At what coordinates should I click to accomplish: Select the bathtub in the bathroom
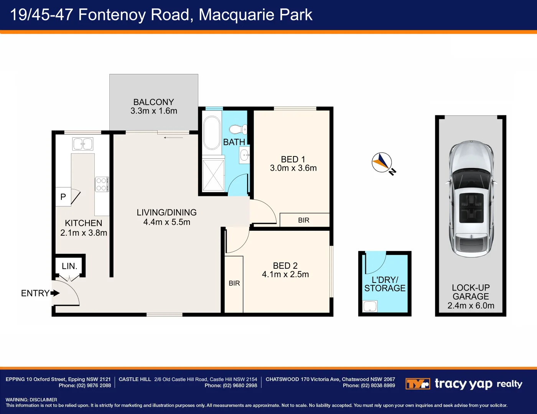pyautogui.click(x=212, y=133)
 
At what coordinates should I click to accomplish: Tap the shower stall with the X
pyautogui.click(x=213, y=175)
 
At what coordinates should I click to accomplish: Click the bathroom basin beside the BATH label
pyautogui.click(x=244, y=155)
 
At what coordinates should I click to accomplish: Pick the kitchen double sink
pyautogui.click(x=83, y=144)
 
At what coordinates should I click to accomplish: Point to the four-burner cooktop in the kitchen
pyautogui.click(x=102, y=184)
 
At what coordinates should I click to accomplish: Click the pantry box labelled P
pyautogui.click(x=63, y=197)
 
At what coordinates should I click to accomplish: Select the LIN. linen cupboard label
pyautogui.click(x=69, y=266)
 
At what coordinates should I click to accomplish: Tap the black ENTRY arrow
pyautogui.click(x=55, y=293)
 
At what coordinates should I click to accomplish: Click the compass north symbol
pyautogui.click(x=382, y=163)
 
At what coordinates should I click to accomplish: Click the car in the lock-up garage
pyautogui.click(x=471, y=199)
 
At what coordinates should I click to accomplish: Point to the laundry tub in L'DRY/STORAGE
pyautogui.click(x=370, y=306)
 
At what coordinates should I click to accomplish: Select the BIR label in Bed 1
pyautogui.click(x=304, y=220)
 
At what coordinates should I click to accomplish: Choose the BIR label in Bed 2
pyautogui.click(x=234, y=283)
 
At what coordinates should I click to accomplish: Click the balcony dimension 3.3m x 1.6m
pyautogui.click(x=154, y=111)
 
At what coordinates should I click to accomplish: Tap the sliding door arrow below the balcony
pyautogui.click(x=173, y=137)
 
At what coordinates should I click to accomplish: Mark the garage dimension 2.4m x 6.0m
pyautogui.click(x=471, y=306)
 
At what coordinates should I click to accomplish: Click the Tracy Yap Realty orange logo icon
pyautogui.click(x=417, y=384)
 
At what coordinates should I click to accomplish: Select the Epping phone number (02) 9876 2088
pyautogui.click(x=94, y=386)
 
